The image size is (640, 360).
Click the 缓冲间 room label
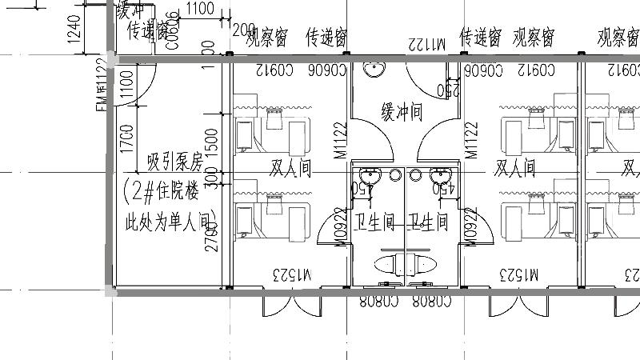[x=401, y=112]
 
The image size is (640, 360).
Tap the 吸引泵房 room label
[x=175, y=164]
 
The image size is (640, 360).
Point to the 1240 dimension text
[x=73, y=28]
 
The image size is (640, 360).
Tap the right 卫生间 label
[x=428, y=220]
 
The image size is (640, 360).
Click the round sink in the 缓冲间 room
[x=373, y=69]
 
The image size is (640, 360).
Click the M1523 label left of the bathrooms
[x=295, y=275]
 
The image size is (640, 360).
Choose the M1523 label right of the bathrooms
[x=521, y=275]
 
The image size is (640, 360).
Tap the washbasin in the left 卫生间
[x=369, y=176]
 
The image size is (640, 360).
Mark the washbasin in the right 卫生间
[x=439, y=176]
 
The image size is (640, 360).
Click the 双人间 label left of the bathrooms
[x=289, y=168]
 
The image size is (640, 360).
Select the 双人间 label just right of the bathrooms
[x=515, y=168]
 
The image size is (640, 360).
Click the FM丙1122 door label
[x=102, y=85]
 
